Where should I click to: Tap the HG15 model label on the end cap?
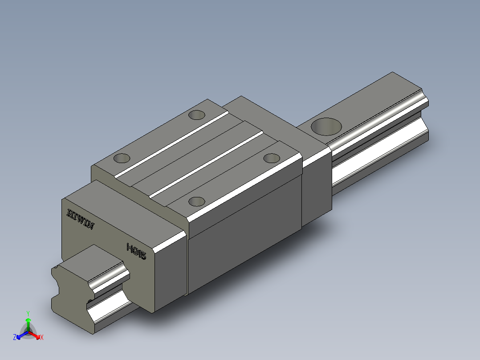[136, 251]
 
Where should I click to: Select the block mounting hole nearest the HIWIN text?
[122, 158]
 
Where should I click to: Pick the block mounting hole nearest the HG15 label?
[196, 201]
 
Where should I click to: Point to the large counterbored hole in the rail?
[326, 127]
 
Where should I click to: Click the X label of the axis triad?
[41, 338]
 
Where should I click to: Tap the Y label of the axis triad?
[28, 313]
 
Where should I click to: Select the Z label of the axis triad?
[15, 337]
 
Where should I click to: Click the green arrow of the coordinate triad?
[28, 323]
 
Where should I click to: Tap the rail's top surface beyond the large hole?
[378, 98]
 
